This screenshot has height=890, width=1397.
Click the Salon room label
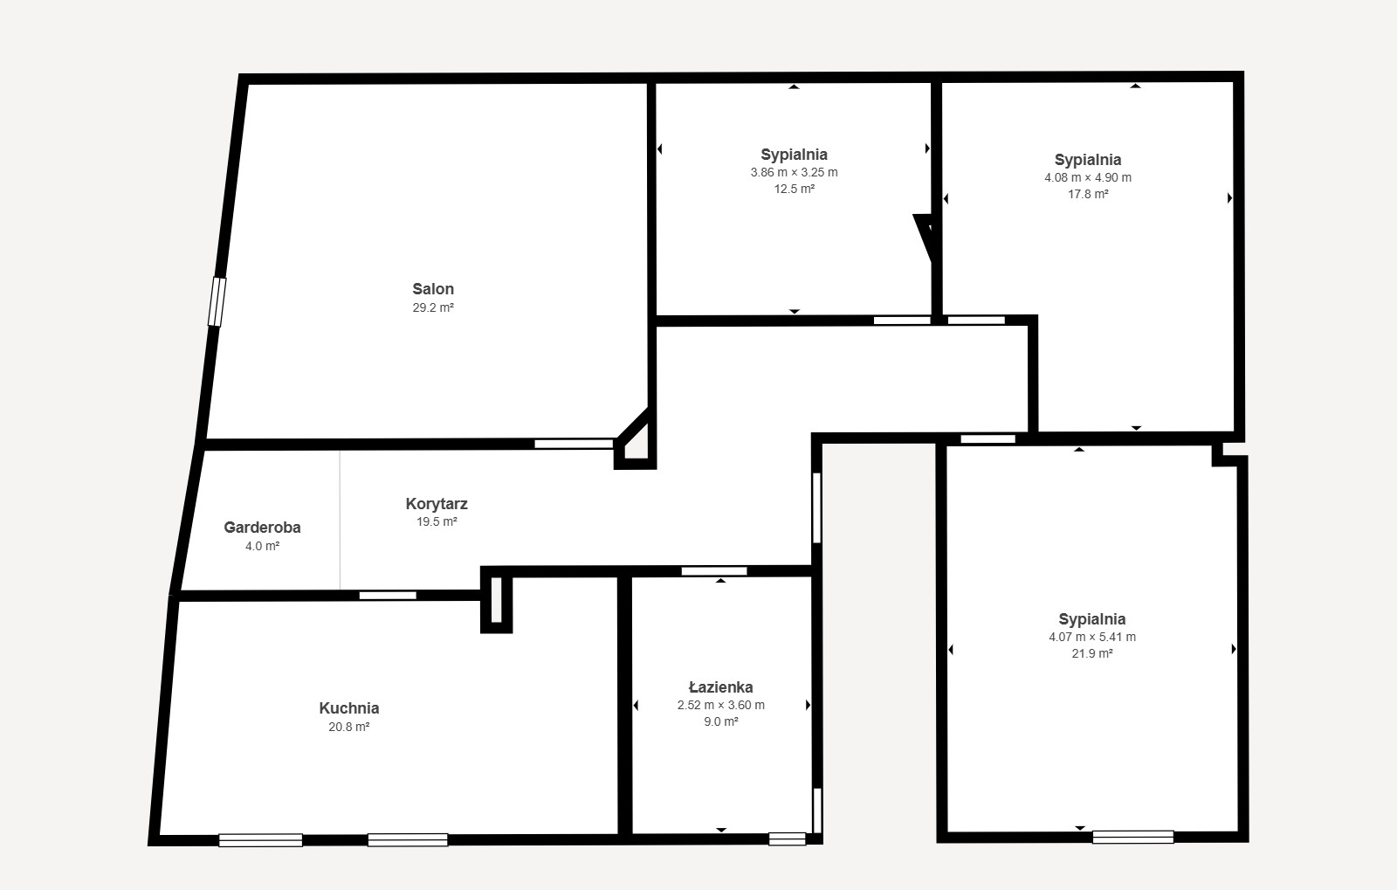tap(433, 289)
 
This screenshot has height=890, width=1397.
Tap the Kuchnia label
tap(349, 707)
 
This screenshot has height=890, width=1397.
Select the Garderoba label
tap(262, 527)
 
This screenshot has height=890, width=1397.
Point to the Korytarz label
tap(437, 503)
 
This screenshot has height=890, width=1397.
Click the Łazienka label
tap(721, 686)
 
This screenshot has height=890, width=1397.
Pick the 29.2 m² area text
tap(433, 307)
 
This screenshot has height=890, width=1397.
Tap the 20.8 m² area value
tap(349, 727)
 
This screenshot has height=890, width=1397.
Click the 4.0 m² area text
tap(262, 546)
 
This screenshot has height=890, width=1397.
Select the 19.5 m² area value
tap(437, 521)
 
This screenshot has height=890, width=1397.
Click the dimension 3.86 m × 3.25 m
tap(794, 172)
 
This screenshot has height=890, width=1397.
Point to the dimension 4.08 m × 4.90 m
tap(1088, 177)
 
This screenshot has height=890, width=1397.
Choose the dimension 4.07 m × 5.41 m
tap(1092, 637)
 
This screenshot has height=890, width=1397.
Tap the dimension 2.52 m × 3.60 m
tap(721, 705)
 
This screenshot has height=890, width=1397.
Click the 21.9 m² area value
tap(1092, 653)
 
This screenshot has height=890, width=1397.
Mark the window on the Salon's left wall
tap(217, 302)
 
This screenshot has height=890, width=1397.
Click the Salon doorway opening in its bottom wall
tap(574, 444)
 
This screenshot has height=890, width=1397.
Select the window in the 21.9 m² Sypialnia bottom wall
tap(1132, 837)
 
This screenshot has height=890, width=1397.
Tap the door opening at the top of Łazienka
tap(714, 571)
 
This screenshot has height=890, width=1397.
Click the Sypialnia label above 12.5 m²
tap(794, 154)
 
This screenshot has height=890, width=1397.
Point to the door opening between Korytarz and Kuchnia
tap(388, 596)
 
